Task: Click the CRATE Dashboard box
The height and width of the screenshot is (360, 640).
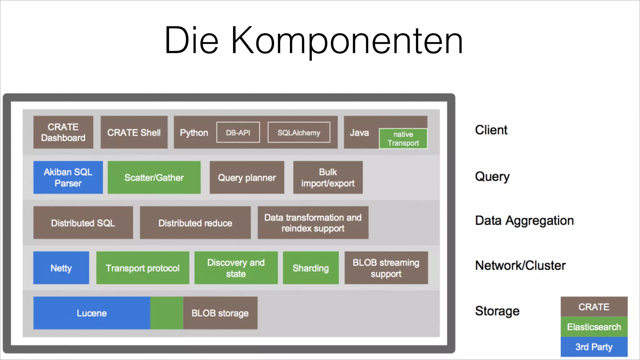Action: [x=63, y=132]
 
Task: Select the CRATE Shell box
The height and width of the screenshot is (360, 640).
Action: [x=134, y=132]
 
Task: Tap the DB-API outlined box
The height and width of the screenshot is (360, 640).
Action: [x=238, y=132]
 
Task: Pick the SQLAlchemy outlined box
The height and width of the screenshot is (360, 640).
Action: [x=299, y=132]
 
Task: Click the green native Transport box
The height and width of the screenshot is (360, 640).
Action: [x=403, y=138]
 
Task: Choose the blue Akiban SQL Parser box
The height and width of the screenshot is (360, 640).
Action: [x=68, y=177]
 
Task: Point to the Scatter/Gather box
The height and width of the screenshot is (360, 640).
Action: [x=154, y=177]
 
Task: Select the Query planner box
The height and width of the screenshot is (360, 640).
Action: [x=247, y=177]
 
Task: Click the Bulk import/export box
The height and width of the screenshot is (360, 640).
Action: [x=328, y=177]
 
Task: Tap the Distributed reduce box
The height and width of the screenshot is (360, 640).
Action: [x=195, y=222]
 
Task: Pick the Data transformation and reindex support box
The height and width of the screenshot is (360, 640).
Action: [x=313, y=222]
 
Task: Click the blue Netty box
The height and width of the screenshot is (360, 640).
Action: [x=61, y=268]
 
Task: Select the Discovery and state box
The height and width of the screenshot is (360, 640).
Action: [x=236, y=268]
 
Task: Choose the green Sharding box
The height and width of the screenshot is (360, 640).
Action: [x=311, y=268]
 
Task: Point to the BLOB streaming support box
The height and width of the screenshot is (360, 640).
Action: [x=386, y=268]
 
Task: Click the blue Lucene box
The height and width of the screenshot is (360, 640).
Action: [x=92, y=313]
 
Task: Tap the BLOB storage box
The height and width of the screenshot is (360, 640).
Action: [x=220, y=313]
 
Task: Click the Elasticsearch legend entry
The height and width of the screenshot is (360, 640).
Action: [x=594, y=327]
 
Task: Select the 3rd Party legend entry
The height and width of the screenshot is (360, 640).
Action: [x=594, y=347]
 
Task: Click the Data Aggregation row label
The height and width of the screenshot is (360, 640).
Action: [x=524, y=221]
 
